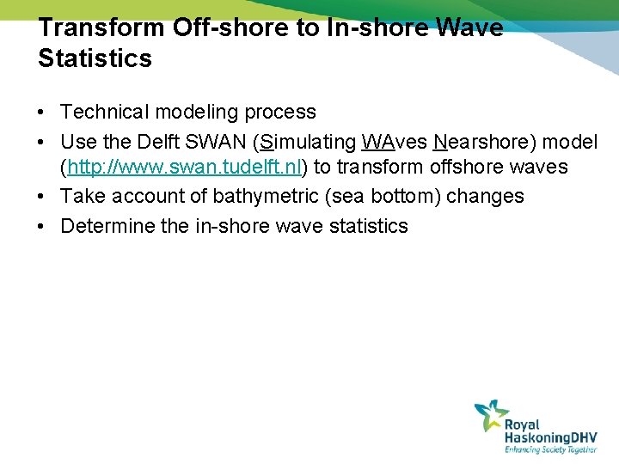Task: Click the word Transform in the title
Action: click(101, 27)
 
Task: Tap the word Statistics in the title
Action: click(95, 58)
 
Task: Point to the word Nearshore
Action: click(478, 141)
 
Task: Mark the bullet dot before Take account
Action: click(42, 197)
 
